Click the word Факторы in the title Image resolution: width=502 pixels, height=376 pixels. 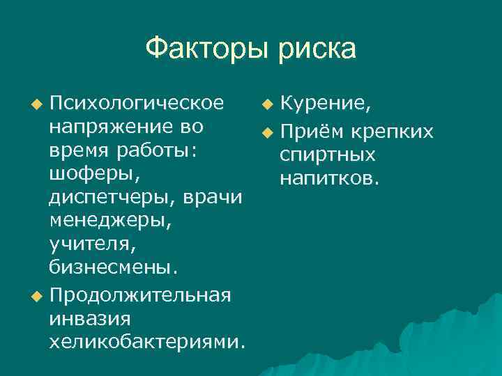(207, 49)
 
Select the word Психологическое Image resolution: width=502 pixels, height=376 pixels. (137, 104)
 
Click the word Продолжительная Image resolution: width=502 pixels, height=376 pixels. (139, 295)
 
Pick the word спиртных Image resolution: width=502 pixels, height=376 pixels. (327, 155)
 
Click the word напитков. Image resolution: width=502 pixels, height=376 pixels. (329, 179)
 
